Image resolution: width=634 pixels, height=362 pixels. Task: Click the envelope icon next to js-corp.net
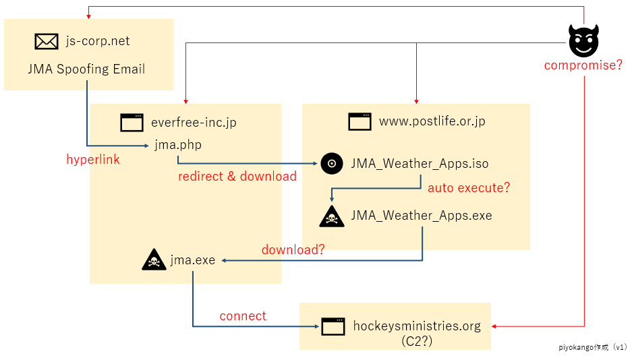[46, 41]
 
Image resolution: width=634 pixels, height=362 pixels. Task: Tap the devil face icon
[583, 40]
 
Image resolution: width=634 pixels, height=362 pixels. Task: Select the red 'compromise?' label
[583, 65]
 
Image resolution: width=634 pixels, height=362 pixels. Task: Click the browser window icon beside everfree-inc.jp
[132, 123]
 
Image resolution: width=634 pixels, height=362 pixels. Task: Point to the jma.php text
[178, 145]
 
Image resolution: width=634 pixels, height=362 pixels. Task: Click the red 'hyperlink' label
[93, 159]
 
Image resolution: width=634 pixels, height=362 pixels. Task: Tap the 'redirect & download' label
[237, 176]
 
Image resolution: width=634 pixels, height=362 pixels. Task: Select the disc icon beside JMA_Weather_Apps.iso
[332, 164]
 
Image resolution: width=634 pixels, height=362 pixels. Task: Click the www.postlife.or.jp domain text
[432, 121]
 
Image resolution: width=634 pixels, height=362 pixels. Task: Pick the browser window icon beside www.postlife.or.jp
[360, 121]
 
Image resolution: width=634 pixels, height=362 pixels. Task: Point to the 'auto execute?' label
[469, 187]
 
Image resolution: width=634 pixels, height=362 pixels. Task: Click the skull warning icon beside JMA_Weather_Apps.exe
[332, 216]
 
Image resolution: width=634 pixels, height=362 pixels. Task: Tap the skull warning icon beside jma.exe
[154, 260]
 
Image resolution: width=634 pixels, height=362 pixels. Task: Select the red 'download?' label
[293, 249]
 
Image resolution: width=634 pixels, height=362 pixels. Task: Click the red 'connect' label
[243, 315]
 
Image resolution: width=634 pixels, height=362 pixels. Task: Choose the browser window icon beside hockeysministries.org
[333, 326]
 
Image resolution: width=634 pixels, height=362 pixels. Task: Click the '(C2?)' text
[417, 341]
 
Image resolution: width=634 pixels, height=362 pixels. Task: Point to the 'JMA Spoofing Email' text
[86, 69]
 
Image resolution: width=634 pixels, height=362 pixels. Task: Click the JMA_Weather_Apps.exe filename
[422, 215]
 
